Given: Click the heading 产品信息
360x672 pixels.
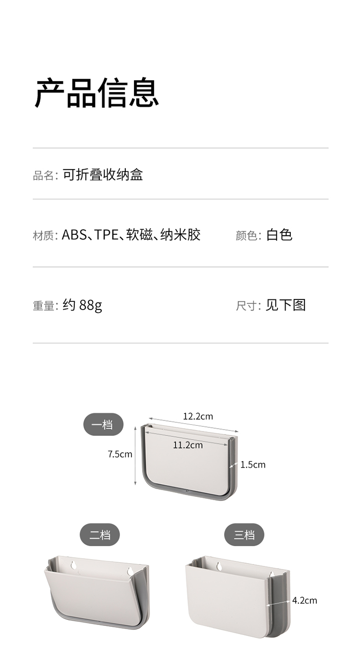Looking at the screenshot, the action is coord(96,93).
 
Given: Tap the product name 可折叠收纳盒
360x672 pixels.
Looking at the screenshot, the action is coord(103,175).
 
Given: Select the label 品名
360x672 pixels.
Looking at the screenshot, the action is coord(44,176).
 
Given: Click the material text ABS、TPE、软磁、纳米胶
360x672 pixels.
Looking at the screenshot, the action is coord(131,235).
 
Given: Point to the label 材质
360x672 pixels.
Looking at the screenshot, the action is coord(44,236).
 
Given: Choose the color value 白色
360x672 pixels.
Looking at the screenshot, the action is coord(279,235).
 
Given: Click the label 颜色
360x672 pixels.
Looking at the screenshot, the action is coord(248,236).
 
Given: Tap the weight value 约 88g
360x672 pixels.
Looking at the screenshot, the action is coord(82,305).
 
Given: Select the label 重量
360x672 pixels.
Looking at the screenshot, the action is coord(44,306).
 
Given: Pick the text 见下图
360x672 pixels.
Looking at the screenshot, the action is coord(286,305).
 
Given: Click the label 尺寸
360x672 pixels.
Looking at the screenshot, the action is coord(248,306).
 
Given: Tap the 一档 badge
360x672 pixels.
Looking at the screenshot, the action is coord(103,424).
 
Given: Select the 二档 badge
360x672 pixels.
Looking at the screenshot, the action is coord(99,535).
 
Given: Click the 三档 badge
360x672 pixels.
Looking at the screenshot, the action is coord(244,535).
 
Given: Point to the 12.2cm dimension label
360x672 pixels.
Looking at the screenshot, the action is coord(198,416).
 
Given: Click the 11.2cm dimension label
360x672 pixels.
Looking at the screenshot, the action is coord(188,445).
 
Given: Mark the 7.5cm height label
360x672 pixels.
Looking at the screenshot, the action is coord(120,454).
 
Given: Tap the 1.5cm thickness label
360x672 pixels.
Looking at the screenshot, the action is coord(253,465).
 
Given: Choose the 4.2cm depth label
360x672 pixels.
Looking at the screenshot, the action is coord(305,600).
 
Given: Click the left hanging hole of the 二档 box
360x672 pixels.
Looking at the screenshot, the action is coord(73,565).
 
